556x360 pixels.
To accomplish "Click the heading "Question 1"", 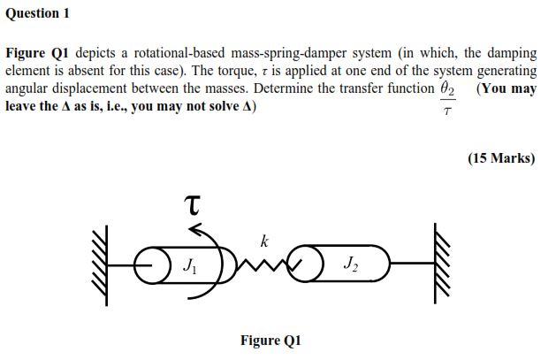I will pos(37,13).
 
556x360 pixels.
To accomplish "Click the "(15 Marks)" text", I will pos(501,158).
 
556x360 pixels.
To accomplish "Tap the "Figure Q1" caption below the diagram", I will pos(270,341).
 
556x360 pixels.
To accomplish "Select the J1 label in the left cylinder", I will pos(189,264).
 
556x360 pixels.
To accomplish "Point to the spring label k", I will pos(263,241).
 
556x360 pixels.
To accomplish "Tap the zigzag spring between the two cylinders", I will pos(265,263).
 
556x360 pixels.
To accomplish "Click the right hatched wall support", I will pos(439,264).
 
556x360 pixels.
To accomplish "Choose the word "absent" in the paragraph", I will pos(122,71).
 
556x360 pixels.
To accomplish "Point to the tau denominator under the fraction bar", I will pos(447,112).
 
